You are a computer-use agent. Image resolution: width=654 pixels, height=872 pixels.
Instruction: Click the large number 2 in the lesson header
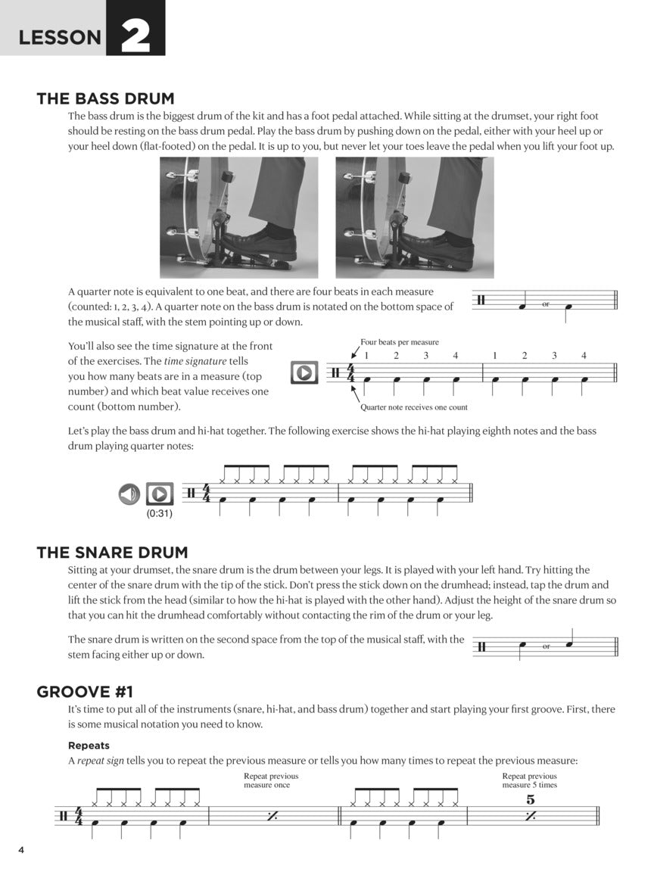coord(135,36)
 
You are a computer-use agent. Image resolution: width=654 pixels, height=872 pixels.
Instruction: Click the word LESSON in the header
coord(60,38)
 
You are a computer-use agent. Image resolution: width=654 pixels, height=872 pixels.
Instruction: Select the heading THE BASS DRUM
coord(105,98)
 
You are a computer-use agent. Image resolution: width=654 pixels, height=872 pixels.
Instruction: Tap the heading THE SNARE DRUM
coord(112,553)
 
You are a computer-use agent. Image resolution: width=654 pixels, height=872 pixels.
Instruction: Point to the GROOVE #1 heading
coord(85,692)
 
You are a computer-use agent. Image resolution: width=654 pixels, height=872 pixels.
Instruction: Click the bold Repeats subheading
coord(89,745)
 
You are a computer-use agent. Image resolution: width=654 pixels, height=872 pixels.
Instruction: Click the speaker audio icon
coord(129,495)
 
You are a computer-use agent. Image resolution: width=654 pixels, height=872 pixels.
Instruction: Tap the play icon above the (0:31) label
coord(159,495)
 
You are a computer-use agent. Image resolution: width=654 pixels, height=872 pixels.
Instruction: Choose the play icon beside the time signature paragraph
coord(304,372)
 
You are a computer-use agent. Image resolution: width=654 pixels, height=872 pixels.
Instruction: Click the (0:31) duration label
coord(159,514)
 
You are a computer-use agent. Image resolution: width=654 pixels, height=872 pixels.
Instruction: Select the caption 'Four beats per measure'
coord(400,342)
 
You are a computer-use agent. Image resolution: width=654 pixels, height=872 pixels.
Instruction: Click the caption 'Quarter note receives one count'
coord(414,407)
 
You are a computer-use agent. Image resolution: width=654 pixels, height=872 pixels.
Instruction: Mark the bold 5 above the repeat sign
coord(531,799)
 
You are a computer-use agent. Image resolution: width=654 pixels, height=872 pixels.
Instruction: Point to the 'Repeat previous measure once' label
coord(271,780)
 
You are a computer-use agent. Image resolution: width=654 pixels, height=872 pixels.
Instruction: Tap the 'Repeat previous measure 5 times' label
coord(530,780)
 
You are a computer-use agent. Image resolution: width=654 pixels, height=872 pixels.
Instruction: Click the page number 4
coord(22,850)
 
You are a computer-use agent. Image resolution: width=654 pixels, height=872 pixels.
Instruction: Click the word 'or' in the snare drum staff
coord(545,646)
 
